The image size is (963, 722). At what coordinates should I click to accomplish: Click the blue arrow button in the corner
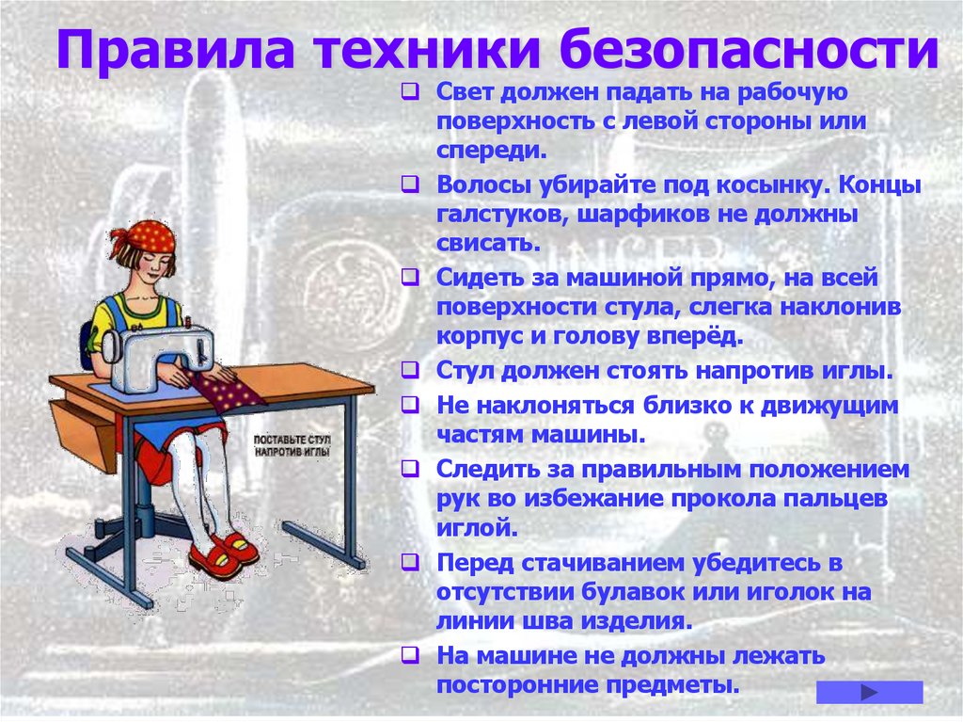point(869,692)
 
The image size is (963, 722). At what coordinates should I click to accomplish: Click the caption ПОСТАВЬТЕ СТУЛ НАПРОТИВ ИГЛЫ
point(292,445)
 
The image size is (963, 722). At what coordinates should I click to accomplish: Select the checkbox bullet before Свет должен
point(410,93)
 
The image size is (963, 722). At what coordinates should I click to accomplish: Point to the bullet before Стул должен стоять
point(410,370)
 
